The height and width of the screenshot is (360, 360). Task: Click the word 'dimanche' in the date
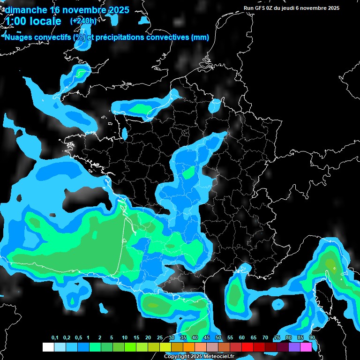click(x=26, y=10)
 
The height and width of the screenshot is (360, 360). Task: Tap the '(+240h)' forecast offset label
click(x=83, y=21)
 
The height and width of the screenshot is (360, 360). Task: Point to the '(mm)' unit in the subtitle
click(x=200, y=37)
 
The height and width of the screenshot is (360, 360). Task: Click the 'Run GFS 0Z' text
click(x=259, y=8)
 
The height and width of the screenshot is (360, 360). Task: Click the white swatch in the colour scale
click(x=48, y=347)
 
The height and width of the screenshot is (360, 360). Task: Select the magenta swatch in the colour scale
click(x=306, y=347)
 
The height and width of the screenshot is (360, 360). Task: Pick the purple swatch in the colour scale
click(x=294, y=347)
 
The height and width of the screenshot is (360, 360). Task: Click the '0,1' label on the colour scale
click(x=55, y=337)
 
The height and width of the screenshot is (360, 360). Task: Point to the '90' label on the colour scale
click(x=312, y=337)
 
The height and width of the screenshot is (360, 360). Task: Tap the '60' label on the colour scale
click(x=241, y=337)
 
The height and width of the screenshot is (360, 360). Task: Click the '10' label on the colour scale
click(x=124, y=337)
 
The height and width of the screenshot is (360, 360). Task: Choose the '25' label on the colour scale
click(x=159, y=337)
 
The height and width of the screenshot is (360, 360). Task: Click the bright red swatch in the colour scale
click(x=247, y=347)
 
